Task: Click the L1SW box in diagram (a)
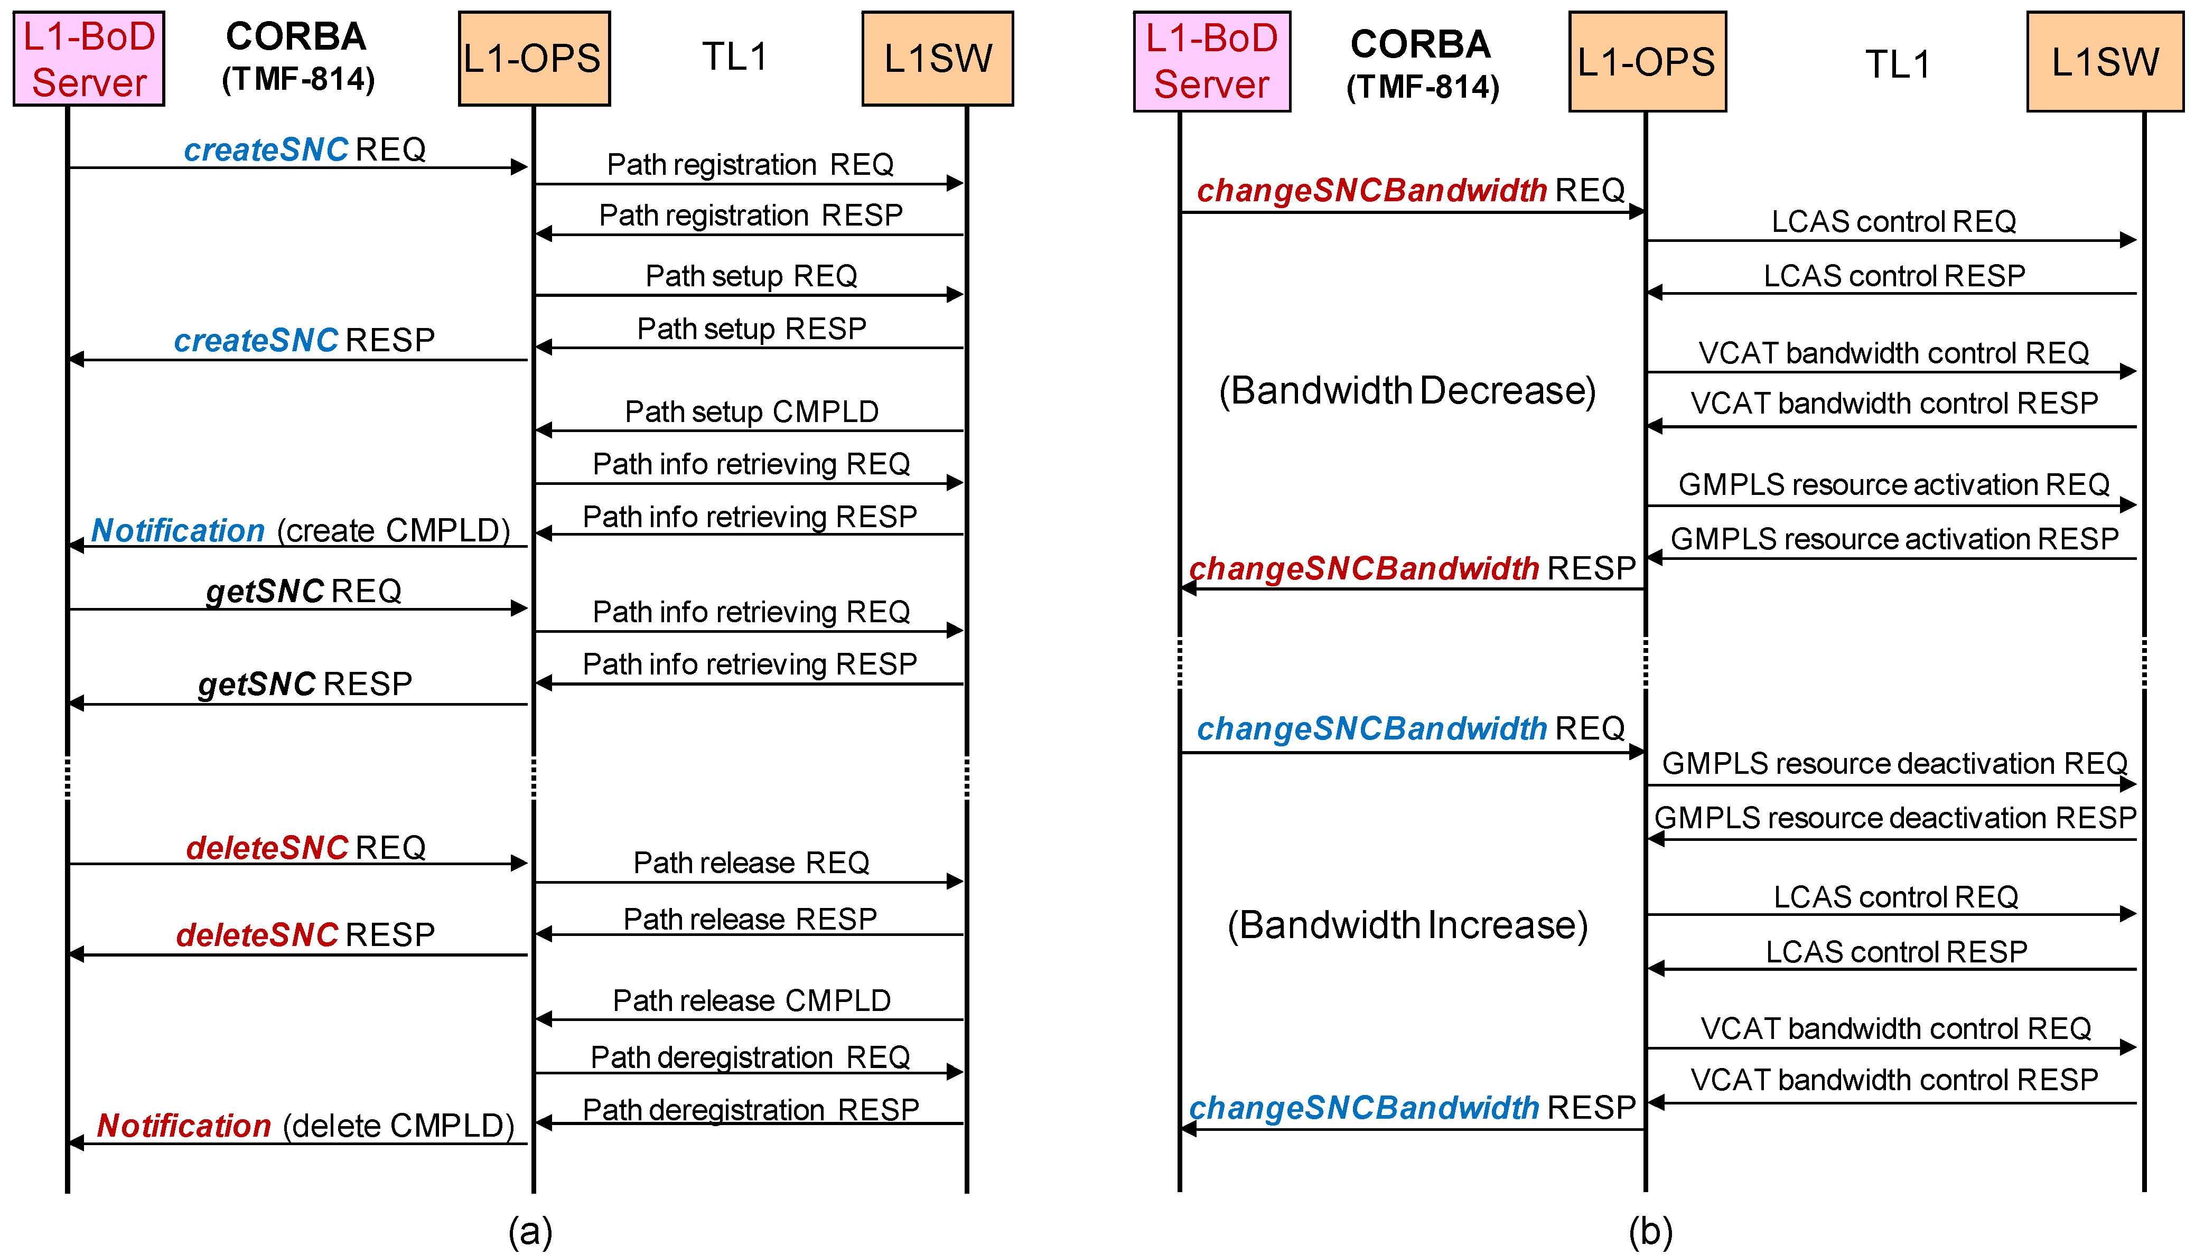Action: tap(938, 59)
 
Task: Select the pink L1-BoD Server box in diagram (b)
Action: tap(1211, 62)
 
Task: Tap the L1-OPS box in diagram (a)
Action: tap(534, 59)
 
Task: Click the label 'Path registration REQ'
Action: tap(750, 165)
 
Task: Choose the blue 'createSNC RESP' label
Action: tap(304, 341)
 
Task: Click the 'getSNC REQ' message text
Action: tap(303, 591)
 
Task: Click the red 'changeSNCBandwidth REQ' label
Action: tap(1410, 191)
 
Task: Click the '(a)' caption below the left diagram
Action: tap(529, 1231)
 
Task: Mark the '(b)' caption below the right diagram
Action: tap(1649, 1231)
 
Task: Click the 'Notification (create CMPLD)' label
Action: tap(301, 531)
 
